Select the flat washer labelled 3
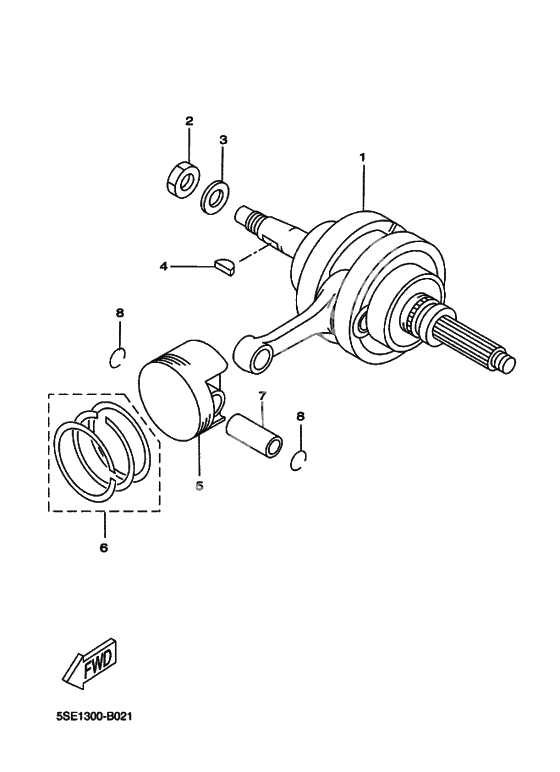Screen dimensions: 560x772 [x=215, y=198]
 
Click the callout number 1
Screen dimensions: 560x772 [x=362, y=158]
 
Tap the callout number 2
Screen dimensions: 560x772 [x=189, y=121]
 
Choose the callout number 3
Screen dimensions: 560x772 [x=223, y=140]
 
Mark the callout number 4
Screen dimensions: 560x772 [x=163, y=266]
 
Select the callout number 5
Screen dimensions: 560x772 [x=199, y=486]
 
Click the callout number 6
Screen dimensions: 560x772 [x=103, y=547]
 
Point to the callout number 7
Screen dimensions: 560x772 [x=262, y=396]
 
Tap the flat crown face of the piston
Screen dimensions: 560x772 [x=170, y=400]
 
